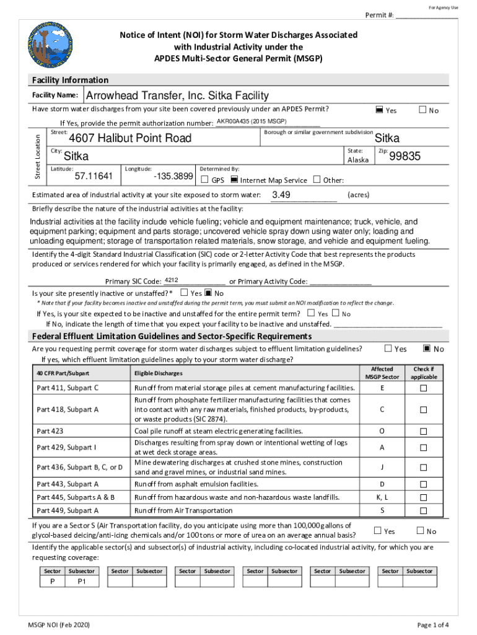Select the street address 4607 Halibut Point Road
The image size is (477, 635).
[x=130, y=138]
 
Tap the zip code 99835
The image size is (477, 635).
[x=405, y=157]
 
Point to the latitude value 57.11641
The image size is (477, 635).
[x=94, y=177]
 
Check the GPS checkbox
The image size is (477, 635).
[x=205, y=180]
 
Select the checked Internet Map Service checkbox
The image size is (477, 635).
[x=234, y=180]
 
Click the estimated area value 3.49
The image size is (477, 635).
[x=281, y=195]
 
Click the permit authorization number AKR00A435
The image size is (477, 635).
[x=251, y=121]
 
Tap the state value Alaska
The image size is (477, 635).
[x=358, y=159]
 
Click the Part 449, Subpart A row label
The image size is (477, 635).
[x=68, y=510]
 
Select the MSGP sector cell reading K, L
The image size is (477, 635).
[x=382, y=497]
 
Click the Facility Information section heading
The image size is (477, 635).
[x=70, y=80]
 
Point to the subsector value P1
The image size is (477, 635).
[x=82, y=582]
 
